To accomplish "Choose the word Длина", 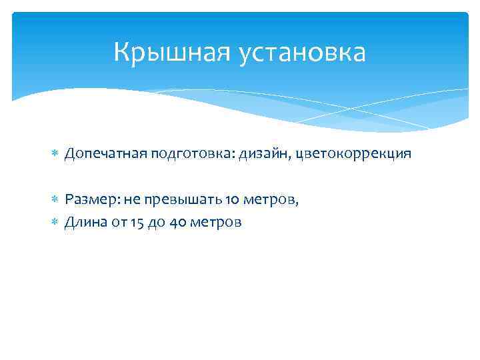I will coord(84,222).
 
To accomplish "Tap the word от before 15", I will coord(117,222).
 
